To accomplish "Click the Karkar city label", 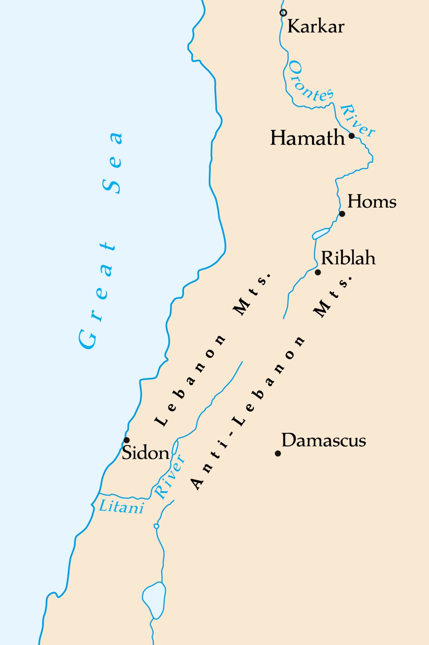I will point(316,26).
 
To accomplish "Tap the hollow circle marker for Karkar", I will point(283,13).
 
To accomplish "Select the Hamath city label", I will point(307,138).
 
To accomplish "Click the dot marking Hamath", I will point(352,136).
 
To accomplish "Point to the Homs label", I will point(372,202).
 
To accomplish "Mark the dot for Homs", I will point(342,214).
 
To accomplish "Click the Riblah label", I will point(348,258).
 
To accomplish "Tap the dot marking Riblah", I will point(318,272).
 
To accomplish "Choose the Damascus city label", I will point(324,440).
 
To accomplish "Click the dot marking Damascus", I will point(278,453).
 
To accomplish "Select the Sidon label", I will point(146,453).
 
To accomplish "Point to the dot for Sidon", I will point(127,440).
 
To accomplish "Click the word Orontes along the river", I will point(310,82).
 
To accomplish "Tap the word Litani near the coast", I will point(122,507).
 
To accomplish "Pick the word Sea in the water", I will point(113,162).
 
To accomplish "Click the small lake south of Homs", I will point(321,233).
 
